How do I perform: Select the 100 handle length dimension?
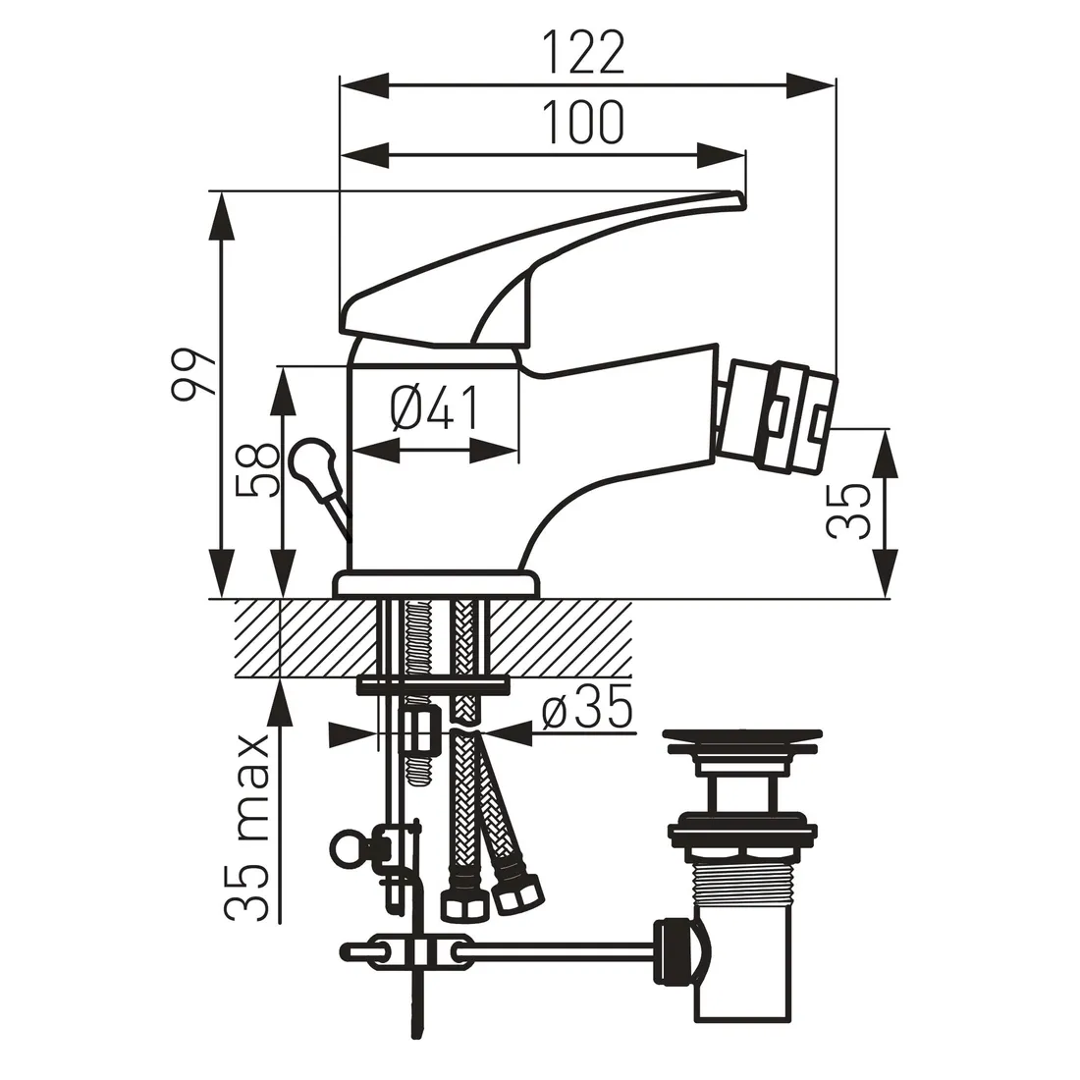tap(585, 123)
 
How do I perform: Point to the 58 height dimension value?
tap(254, 471)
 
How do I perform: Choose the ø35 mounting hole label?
tap(587, 710)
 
